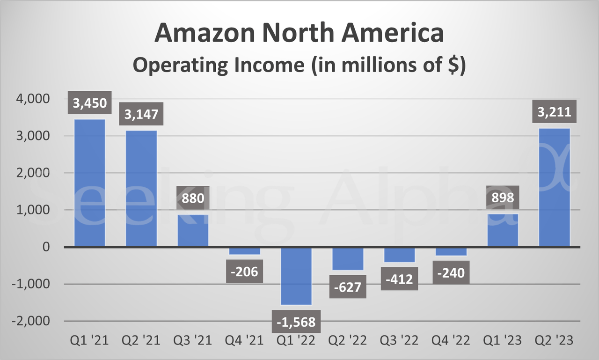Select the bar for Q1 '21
(x=89, y=183)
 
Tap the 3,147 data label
(x=141, y=114)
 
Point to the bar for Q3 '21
(x=193, y=230)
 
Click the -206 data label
(x=244, y=272)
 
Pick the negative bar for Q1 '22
(x=296, y=276)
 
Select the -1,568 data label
(x=296, y=322)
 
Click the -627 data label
(x=348, y=287)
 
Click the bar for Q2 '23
(x=555, y=187)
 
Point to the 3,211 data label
(x=555, y=113)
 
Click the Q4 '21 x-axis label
(x=244, y=340)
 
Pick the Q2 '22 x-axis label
(x=348, y=340)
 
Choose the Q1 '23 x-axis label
(x=503, y=340)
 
